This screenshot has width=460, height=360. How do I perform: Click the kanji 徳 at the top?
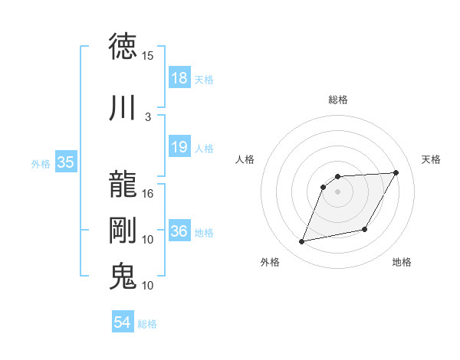coord(123,47)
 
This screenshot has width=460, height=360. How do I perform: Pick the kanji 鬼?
coord(123,276)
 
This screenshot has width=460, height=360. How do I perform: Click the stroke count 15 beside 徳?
coord(148,56)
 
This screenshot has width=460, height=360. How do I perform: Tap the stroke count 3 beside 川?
coord(148,116)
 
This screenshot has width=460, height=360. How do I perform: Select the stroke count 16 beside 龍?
coord(148,194)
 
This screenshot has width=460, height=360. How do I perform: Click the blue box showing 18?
coord(179,78)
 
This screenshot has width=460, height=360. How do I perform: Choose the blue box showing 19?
coord(179,147)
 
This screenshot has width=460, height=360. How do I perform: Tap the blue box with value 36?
coord(179,231)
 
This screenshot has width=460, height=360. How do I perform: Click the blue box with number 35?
coord(65,162)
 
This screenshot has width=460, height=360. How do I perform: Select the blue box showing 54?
coord(123,322)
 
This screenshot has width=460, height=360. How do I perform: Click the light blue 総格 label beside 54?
coord(147,324)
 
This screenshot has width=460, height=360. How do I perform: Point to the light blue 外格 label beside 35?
coord(41,163)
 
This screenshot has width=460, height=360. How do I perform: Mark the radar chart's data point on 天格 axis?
coord(396,173)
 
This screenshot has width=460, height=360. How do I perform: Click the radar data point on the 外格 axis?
coord(302,242)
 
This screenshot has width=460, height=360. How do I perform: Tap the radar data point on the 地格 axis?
coord(365,230)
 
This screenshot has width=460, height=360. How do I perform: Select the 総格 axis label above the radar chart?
coord(338,100)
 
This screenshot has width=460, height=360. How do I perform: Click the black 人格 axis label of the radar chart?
coord(245,159)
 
